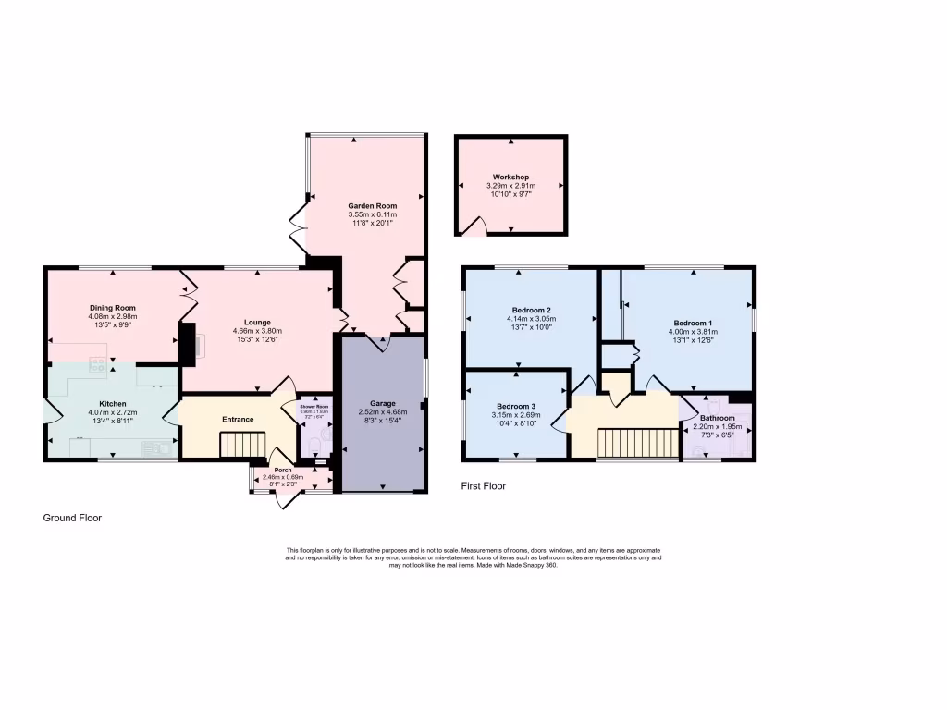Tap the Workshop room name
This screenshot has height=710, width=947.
coord(510,177)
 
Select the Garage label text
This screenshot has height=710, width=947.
coord(383,404)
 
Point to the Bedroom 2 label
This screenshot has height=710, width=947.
coord(531,310)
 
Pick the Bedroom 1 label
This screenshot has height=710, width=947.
coord(692,322)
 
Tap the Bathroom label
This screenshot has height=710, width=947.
coord(717,418)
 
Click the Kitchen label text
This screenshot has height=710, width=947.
coord(113,403)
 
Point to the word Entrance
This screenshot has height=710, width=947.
coord(237,420)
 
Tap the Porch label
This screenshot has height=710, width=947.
coord(282,470)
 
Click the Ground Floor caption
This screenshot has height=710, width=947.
coord(72,519)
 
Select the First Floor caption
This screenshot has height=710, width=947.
coord(484,486)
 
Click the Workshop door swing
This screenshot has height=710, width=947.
coord(475,225)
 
